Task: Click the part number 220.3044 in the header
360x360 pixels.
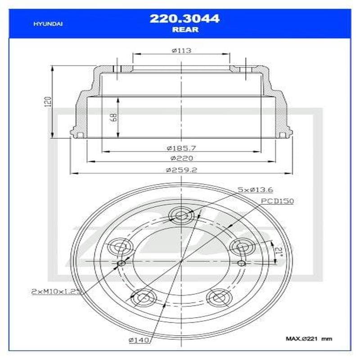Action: [184, 18]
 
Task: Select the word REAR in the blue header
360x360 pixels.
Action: [184, 30]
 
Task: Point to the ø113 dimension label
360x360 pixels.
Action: [181, 50]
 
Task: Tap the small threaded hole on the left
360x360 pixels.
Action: [121, 263]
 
